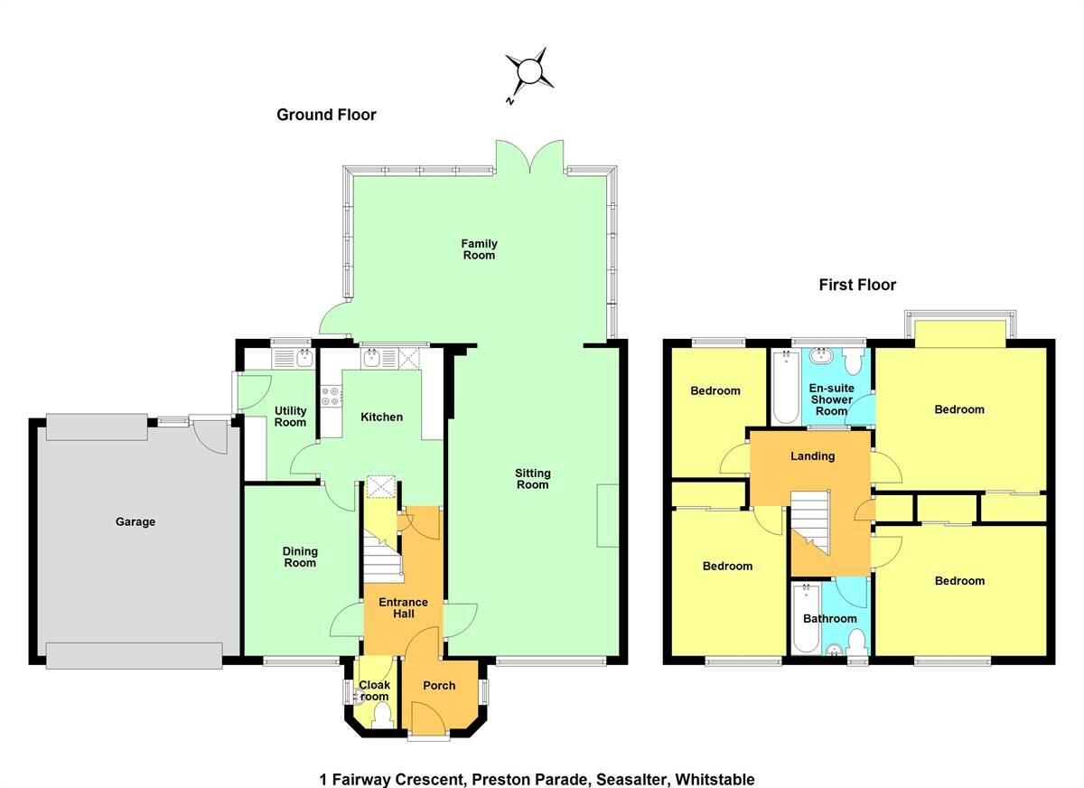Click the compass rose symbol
(528, 71)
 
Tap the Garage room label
(135, 521)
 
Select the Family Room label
(479, 249)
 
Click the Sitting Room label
(532, 479)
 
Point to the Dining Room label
(300, 557)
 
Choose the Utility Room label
(290, 417)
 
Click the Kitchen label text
(381, 417)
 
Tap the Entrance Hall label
(403, 608)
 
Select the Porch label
(439, 686)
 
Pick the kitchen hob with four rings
(330, 395)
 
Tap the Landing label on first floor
(812, 456)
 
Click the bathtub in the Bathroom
(803, 620)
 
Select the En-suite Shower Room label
(831, 399)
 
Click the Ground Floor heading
(326, 115)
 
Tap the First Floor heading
(857, 286)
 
